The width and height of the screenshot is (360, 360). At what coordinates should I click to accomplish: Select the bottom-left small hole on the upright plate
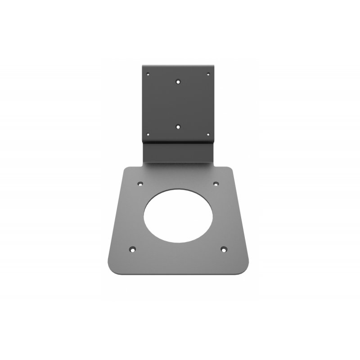click(147, 133)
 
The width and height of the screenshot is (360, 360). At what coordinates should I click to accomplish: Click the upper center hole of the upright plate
click(178, 82)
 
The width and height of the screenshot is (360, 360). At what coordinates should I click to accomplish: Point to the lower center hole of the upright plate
click(178, 127)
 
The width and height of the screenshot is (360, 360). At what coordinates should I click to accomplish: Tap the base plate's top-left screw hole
click(139, 184)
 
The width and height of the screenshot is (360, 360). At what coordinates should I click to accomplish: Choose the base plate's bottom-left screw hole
click(132, 248)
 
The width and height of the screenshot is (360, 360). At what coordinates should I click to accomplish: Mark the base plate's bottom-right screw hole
click(224, 248)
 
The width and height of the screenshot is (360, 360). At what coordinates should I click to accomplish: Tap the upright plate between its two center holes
click(178, 104)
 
